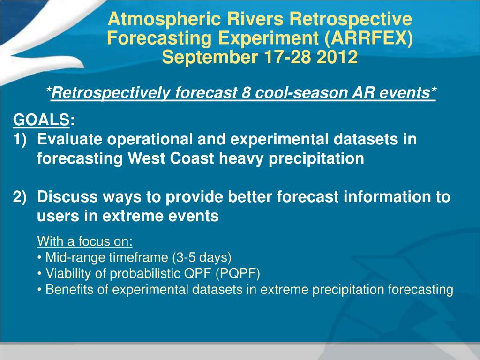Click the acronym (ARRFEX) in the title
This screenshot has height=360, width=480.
368,38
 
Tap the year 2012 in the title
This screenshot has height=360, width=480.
337,57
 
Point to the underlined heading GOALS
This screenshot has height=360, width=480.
41,120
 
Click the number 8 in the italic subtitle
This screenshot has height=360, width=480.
246,92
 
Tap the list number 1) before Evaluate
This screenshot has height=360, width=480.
20,139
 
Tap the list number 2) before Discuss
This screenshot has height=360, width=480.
20,196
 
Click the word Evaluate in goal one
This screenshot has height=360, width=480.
69,139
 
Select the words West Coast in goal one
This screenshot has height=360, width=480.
171,158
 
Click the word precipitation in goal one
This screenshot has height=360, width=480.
316,159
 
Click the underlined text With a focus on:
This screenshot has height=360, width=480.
85,241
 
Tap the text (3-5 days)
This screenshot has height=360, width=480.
202,257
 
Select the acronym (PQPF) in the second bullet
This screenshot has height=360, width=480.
238,273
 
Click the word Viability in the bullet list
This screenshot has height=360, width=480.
68,273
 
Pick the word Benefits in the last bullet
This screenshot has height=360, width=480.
69,289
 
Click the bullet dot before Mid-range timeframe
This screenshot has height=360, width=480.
39,258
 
